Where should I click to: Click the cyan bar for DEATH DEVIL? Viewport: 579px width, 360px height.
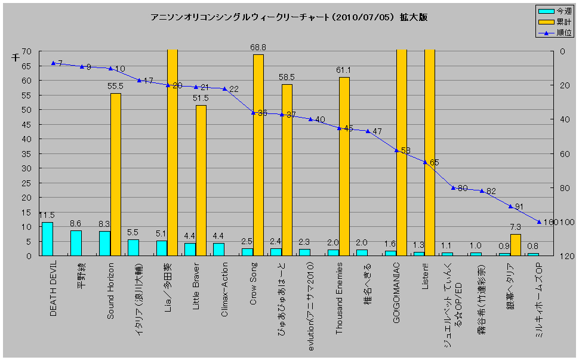click(x=47, y=239)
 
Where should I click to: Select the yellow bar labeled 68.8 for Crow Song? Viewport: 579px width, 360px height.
click(x=258, y=155)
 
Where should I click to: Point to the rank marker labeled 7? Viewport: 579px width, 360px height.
click(x=53, y=63)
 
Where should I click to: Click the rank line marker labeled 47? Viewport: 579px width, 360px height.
click(x=368, y=131)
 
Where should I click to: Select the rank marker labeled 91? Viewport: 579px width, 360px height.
click(x=510, y=206)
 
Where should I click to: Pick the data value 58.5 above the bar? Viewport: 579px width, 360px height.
click(x=287, y=78)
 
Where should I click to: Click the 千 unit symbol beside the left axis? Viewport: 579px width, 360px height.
click(x=16, y=57)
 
